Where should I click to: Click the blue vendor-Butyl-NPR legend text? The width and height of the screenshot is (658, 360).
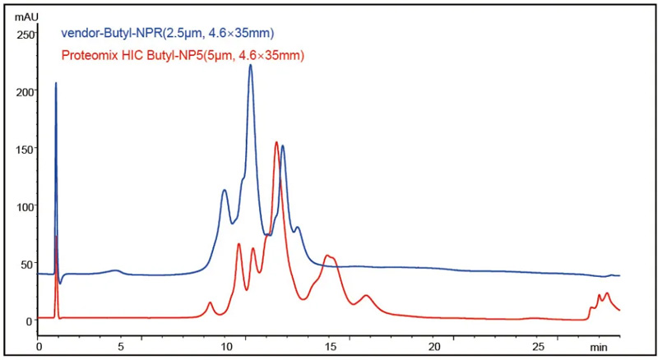tap(168, 34)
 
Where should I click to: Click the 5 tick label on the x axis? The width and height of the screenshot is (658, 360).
tap(121, 346)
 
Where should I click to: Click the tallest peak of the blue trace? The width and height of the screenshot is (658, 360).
tap(250, 65)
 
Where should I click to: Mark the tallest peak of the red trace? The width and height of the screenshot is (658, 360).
tap(276, 142)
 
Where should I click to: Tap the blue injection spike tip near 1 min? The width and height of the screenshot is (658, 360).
tap(56, 83)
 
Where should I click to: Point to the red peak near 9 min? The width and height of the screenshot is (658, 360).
tap(210, 303)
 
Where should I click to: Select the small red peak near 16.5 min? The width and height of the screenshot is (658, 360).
tap(367, 296)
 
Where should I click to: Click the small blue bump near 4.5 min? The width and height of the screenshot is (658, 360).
tap(116, 270)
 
